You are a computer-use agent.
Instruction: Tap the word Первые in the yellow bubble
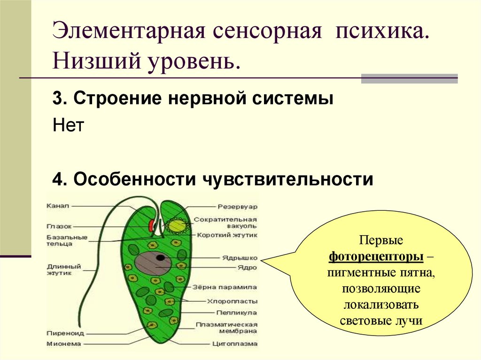(381, 241)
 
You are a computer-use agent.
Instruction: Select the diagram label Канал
(58, 206)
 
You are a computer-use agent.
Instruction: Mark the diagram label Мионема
(63, 344)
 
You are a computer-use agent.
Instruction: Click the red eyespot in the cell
(152, 226)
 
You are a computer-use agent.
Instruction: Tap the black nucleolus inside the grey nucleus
(161, 258)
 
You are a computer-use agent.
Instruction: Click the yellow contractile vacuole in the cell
(177, 226)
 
